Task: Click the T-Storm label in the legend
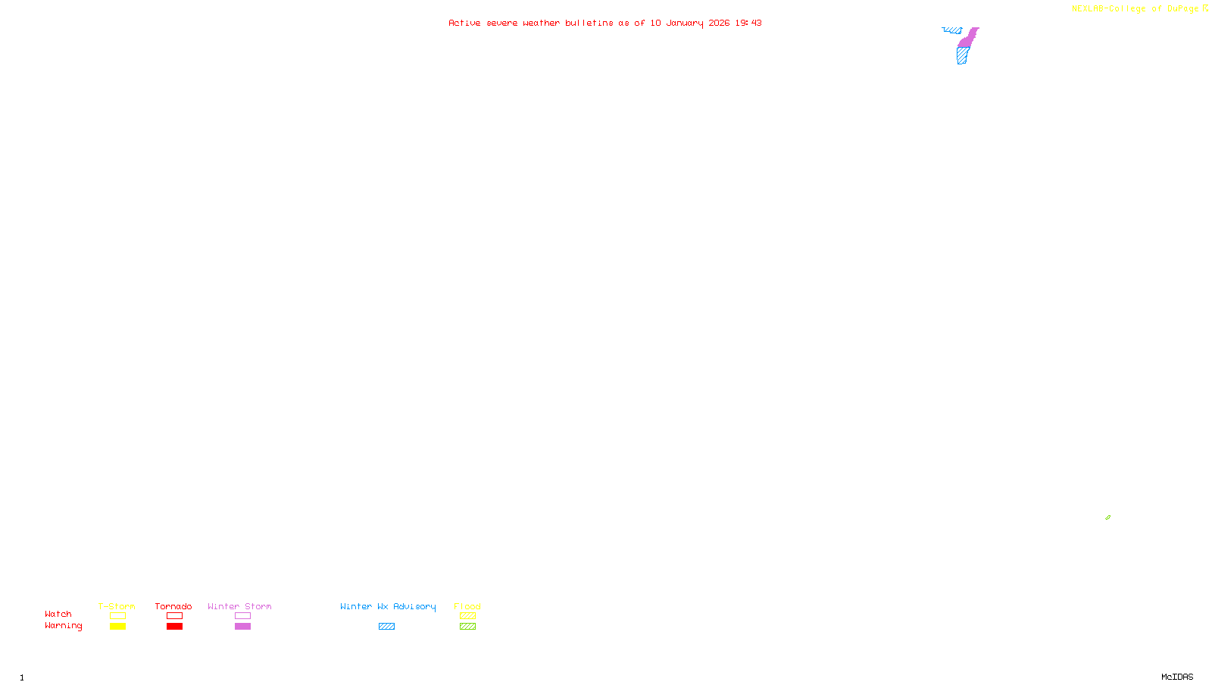pyautogui.click(x=117, y=606)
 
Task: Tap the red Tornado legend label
pyautogui.click(x=173, y=606)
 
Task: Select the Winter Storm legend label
pyautogui.click(x=239, y=606)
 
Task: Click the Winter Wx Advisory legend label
pyautogui.click(x=388, y=606)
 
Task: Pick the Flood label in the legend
pyautogui.click(x=467, y=606)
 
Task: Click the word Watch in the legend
pyautogui.click(x=58, y=614)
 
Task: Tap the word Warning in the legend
pyautogui.click(x=63, y=626)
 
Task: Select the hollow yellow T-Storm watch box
pyautogui.click(x=117, y=616)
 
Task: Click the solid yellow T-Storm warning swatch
pyautogui.click(x=117, y=627)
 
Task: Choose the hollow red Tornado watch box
pyautogui.click(x=174, y=616)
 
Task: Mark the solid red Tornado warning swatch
pyautogui.click(x=174, y=627)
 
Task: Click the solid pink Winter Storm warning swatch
pyautogui.click(x=242, y=627)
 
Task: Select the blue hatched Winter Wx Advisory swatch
pyautogui.click(x=386, y=627)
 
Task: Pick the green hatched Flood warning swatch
pyautogui.click(x=467, y=627)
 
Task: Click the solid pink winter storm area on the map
pyautogui.click(x=967, y=39)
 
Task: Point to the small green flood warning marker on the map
pyautogui.click(x=1107, y=518)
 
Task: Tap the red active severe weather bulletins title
pyautogui.click(x=604, y=23)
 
